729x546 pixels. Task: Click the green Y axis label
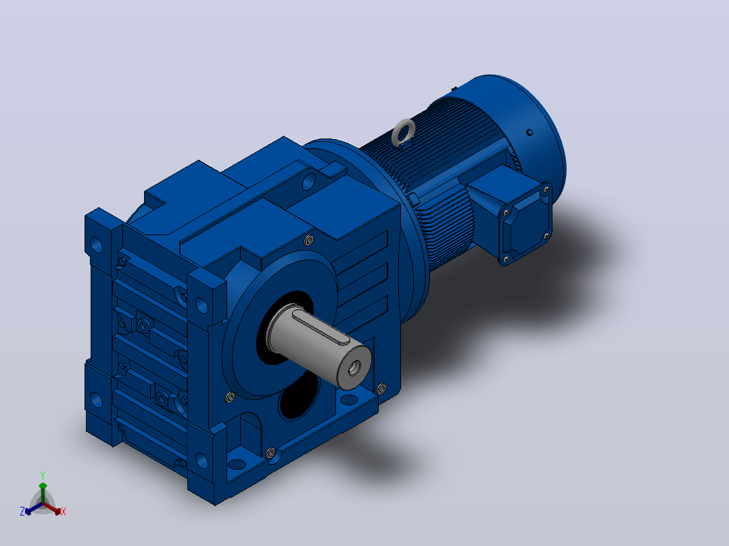[43, 475]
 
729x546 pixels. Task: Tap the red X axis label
[64, 512]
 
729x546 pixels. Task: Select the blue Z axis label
[22, 512]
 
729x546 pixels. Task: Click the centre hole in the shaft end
[354, 368]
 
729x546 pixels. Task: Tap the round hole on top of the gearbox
[308, 181]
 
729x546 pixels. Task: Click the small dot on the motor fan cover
[530, 132]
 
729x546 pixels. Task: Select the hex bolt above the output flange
[308, 241]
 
